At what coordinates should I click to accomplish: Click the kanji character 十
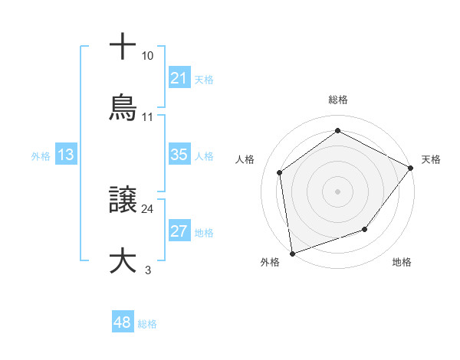pos(123,47)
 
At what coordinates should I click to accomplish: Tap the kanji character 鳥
pos(123,108)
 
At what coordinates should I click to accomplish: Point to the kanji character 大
pos(123,260)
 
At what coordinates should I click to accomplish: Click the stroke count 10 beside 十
pos(147,56)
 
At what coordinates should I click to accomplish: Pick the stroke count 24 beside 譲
pos(147,208)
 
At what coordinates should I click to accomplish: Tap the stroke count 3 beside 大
pos(147,269)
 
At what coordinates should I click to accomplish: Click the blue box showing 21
pos(179,78)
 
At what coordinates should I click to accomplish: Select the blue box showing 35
pos(179,155)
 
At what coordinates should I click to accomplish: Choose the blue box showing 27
pos(179,231)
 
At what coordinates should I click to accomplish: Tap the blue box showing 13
pos(65,155)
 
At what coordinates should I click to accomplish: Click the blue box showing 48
pos(122,322)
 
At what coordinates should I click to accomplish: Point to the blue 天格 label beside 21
pos(204,79)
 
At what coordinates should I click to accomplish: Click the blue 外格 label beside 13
pos(41,155)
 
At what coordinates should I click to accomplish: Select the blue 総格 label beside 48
pos(147,323)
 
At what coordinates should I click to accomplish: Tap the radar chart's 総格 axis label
pos(338,100)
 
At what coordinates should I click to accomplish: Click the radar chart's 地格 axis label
pos(402,262)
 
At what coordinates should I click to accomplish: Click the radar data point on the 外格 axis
pos(292,253)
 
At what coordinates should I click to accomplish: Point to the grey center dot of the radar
pos(337,191)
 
